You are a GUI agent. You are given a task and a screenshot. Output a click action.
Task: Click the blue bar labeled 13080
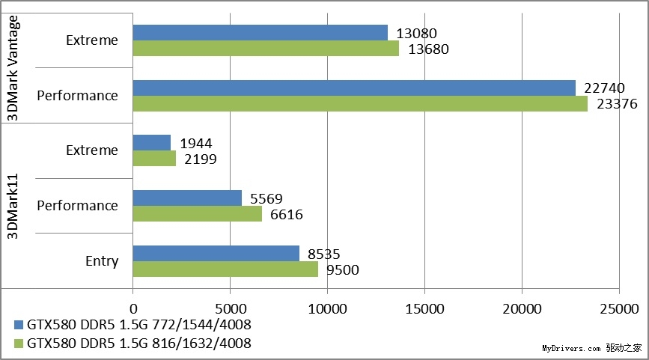(260, 32)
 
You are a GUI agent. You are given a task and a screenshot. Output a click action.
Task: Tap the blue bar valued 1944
(152, 142)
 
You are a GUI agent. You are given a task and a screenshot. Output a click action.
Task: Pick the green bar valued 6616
(198, 214)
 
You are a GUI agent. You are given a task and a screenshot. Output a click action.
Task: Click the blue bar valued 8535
(216, 253)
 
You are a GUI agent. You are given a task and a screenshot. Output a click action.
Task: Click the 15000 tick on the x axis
(424, 308)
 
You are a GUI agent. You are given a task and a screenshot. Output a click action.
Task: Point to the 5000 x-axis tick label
(230, 308)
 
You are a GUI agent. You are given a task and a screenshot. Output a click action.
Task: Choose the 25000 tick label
(619, 308)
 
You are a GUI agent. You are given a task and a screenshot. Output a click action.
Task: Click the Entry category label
(102, 261)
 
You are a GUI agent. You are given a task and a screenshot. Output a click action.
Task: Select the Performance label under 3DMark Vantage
(78, 96)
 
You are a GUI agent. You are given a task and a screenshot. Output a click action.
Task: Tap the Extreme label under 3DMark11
(92, 150)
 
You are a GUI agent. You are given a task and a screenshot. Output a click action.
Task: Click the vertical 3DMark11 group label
(13, 206)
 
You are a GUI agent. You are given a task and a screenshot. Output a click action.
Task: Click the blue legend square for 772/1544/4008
(19, 326)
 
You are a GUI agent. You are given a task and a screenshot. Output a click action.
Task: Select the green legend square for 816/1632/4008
(19, 344)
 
